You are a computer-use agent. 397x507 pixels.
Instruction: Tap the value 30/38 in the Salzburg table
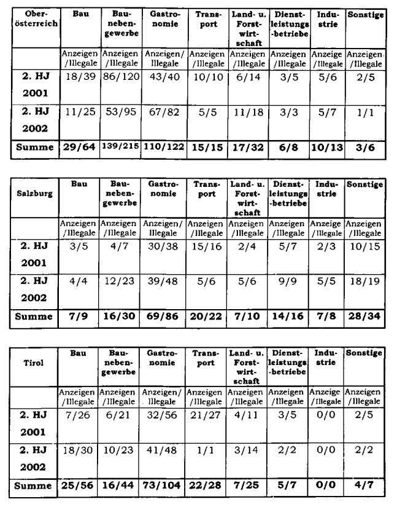pyautogui.click(x=164, y=245)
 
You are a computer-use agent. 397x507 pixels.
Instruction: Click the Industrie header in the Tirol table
pyautogui.click(x=326, y=358)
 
